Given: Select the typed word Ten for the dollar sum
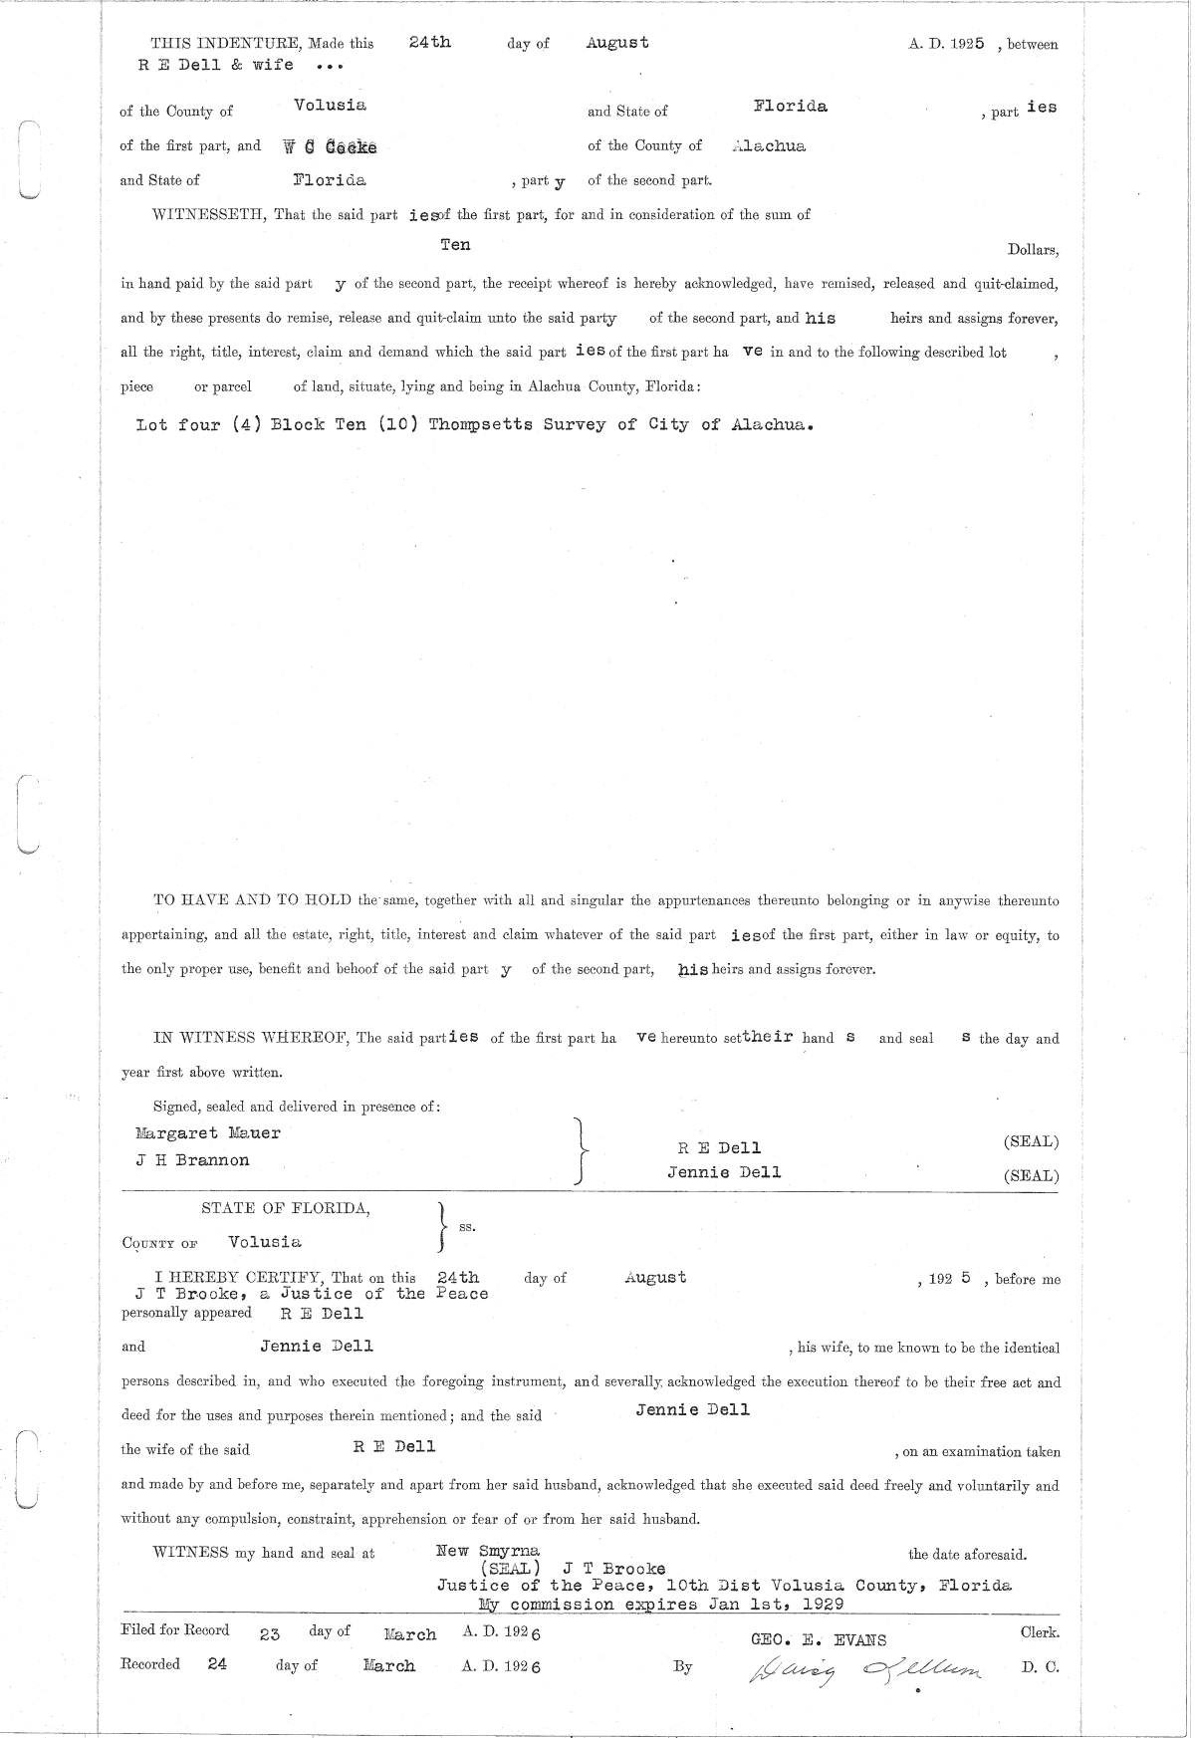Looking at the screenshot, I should pyautogui.click(x=455, y=245).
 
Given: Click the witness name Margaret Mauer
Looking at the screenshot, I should pyautogui.click(x=208, y=1133).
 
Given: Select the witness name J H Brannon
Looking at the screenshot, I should pyautogui.click(x=193, y=1160).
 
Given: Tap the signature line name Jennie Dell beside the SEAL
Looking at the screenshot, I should pyautogui.click(x=724, y=1172).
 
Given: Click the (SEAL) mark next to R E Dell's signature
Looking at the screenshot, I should pyautogui.click(x=1031, y=1141).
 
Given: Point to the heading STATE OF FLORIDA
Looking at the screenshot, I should pyautogui.click(x=286, y=1208).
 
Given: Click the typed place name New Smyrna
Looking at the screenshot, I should pyautogui.click(x=488, y=1551).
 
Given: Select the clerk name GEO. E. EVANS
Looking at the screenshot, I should pyautogui.click(x=819, y=1640).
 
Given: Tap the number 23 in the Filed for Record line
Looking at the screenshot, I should pyautogui.click(x=270, y=1634).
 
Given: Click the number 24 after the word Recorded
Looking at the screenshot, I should pyautogui.click(x=217, y=1663).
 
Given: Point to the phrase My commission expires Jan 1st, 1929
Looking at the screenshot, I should pyautogui.click(x=661, y=1604).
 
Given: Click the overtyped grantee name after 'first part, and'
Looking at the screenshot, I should pyautogui.click(x=330, y=147).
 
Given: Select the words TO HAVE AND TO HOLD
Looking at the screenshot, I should pyautogui.click(x=252, y=900).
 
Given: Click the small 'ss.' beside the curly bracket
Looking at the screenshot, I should pyautogui.click(x=466, y=1227).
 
